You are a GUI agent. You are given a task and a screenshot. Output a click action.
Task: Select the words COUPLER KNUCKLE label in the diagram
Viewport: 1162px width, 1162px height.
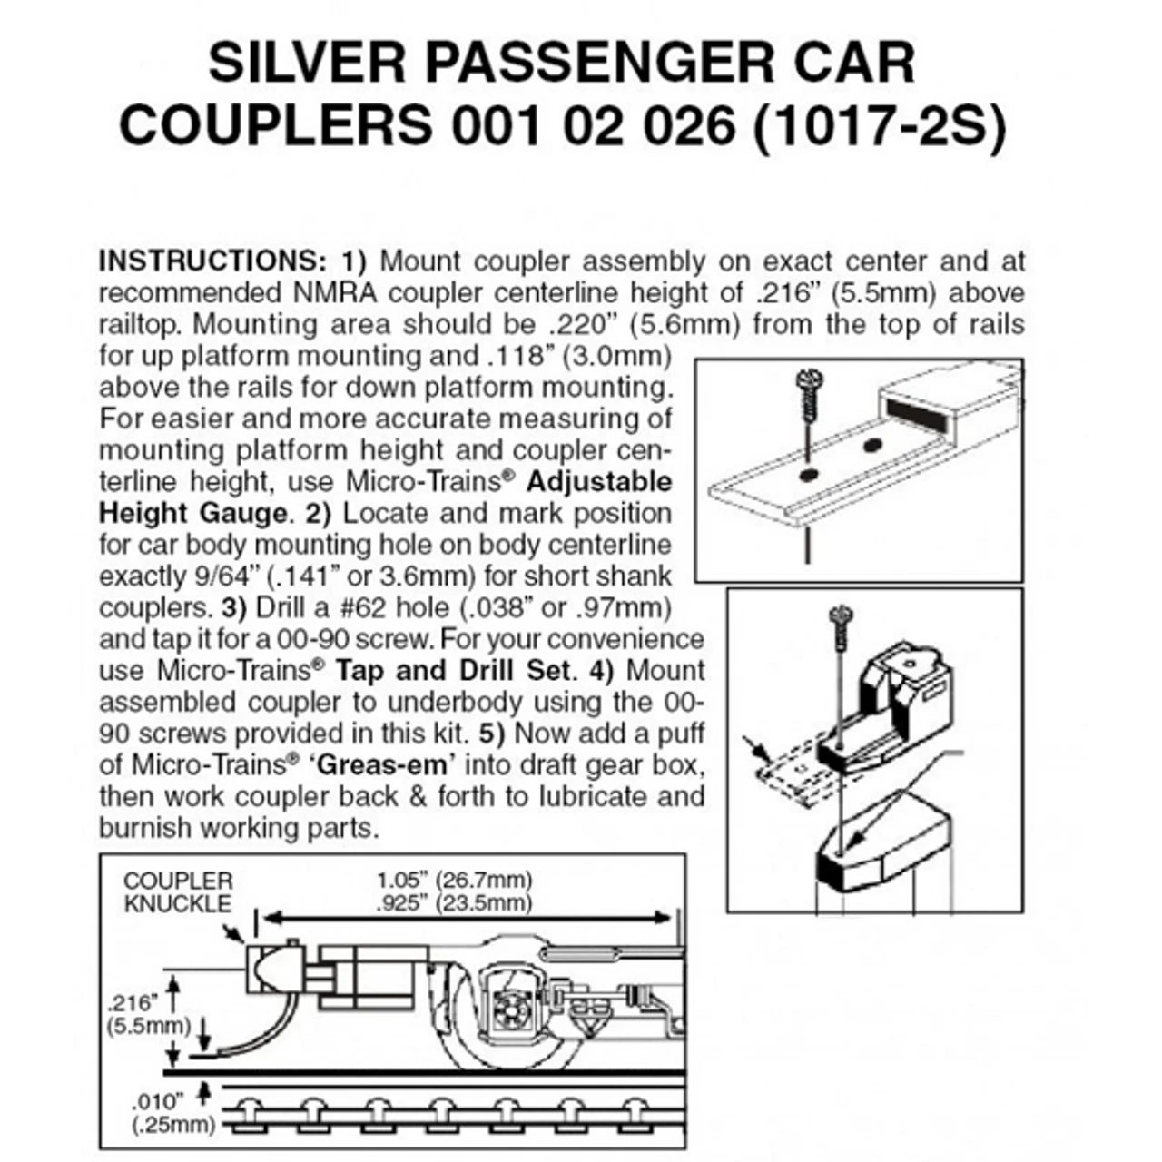(178, 892)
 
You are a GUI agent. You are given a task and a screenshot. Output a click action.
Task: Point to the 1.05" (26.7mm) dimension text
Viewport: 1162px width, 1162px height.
(454, 880)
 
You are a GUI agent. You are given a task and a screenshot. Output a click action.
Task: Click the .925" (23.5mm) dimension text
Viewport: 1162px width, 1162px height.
(454, 902)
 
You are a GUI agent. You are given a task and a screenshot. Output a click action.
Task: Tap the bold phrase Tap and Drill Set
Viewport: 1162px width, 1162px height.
(455, 671)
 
